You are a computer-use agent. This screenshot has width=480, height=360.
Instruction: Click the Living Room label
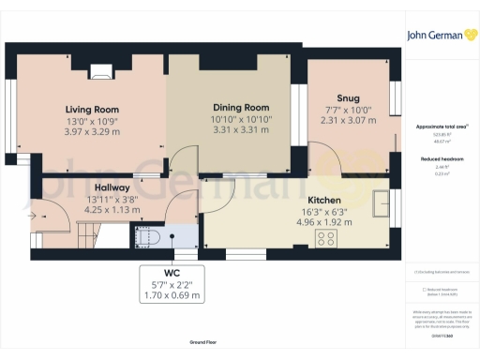point(92,109)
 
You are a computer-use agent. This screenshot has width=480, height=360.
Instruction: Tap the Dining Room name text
point(241,107)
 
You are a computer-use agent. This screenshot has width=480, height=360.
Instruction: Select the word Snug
point(348,97)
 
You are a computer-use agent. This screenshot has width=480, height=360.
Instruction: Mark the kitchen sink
point(382,203)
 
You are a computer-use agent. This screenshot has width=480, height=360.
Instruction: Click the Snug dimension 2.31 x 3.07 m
point(348,120)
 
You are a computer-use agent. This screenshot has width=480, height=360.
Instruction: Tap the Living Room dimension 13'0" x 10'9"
point(92,121)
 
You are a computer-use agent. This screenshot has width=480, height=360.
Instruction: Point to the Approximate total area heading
point(441,126)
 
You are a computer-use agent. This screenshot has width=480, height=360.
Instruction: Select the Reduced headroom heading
point(441,159)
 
